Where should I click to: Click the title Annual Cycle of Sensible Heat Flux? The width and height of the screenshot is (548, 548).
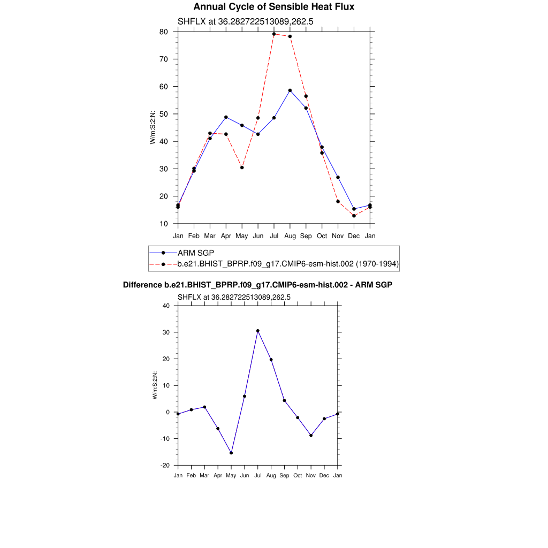tap(273, 7)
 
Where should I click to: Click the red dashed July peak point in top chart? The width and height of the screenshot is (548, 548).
tap(274, 34)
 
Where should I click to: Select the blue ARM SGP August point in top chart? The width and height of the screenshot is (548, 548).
tap(290, 90)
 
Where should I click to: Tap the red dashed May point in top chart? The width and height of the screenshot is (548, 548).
tap(242, 168)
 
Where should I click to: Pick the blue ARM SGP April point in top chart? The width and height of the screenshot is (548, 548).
tap(226, 117)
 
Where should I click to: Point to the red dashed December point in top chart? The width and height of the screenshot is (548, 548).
tap(354, 216)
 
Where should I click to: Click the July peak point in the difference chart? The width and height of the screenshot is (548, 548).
tap(257, 331)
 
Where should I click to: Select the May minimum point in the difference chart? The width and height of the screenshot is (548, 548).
tap(231, 453)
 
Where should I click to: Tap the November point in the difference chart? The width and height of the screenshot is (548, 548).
tap(311, 436)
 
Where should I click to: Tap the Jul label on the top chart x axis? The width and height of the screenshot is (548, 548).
tap(274, 235)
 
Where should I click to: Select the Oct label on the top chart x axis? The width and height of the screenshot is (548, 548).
tap(322, 235)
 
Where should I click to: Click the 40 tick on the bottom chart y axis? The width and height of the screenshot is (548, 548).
tap(166, 306)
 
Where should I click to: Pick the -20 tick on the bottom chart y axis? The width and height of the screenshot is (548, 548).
tap(165, 465)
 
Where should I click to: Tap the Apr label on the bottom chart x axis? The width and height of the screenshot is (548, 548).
tap(218, 475)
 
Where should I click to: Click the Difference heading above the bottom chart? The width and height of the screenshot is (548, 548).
tap(257, 285)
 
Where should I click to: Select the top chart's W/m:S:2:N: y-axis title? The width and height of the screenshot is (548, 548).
tap(153, 127)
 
